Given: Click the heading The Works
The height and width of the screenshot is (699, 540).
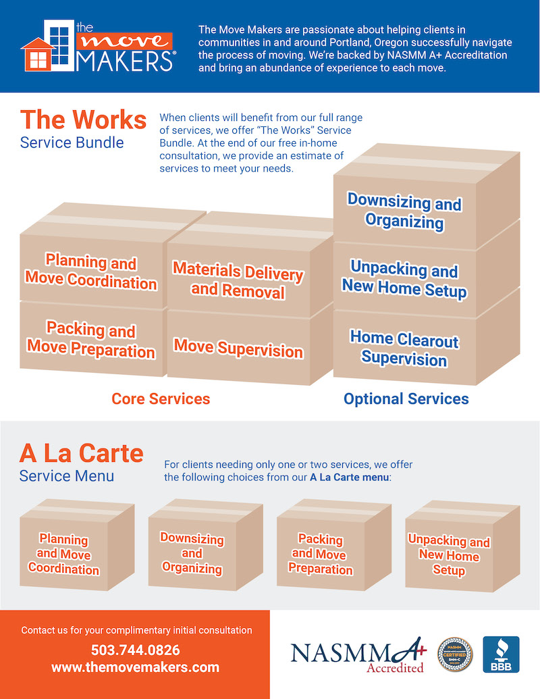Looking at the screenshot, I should [83, 120].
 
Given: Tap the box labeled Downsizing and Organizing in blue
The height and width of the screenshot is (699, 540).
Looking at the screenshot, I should [404, 211].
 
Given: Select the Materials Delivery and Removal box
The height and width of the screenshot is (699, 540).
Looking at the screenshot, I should [238, 279].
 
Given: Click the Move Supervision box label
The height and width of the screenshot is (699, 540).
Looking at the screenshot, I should [238, 348].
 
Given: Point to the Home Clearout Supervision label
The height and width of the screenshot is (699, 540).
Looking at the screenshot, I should [404, 348].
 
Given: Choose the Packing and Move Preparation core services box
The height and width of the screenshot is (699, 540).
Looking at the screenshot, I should [90, 340].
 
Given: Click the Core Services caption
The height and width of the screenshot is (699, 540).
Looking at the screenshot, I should [161, 398].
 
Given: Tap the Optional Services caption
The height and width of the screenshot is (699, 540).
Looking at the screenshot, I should [406, 399].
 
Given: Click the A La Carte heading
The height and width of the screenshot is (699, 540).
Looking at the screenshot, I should [81, 452].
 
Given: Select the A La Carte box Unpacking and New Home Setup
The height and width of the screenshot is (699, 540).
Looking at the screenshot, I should [449, 556].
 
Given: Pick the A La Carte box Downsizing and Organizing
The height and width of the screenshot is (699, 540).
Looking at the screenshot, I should [192, 553].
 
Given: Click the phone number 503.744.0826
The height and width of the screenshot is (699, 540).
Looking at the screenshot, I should [136, 650].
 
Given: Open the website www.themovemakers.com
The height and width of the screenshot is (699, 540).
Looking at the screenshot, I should [136, 667].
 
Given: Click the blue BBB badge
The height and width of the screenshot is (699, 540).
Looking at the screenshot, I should [501, 654].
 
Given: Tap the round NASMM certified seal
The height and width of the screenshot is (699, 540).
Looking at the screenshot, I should [456, 654].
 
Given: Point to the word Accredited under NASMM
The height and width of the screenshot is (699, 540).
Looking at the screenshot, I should [395, 668].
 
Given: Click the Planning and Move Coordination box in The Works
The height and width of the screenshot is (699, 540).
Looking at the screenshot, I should [90, 271].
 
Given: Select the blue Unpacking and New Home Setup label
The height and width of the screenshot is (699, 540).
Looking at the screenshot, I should [404, 280].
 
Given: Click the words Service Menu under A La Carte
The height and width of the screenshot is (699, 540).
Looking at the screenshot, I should [67, 475].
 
